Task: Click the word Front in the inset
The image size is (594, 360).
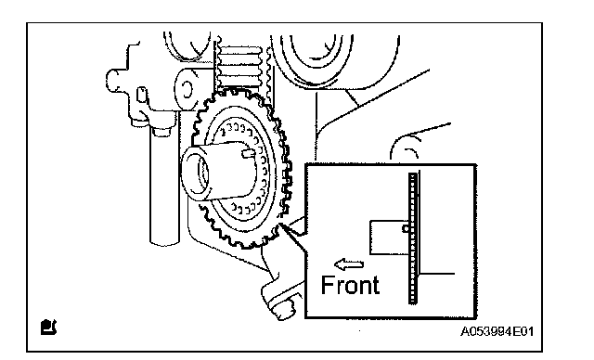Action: coord(350,285)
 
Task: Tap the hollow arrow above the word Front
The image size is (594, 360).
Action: coord(349,264)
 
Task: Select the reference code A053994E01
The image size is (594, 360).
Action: coord(497,331)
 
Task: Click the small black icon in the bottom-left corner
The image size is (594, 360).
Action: coord(48,328)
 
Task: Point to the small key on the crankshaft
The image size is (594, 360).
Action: coord(249,153)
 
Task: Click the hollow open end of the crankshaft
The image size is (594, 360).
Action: coord(196,174)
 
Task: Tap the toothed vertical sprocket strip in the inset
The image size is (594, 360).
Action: coord(412,238)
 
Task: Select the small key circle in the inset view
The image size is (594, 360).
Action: coord(406,228)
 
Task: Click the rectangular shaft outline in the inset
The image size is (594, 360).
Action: coord(389,238)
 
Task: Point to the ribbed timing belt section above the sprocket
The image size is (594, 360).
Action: coord(239,68)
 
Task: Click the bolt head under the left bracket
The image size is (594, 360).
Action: coord(162,132)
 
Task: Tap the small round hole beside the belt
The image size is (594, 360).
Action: coord(186,89)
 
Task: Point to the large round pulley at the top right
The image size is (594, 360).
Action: coord(335,60)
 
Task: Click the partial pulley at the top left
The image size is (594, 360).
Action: coord(187,47)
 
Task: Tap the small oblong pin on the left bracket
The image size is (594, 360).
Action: coord(141,95)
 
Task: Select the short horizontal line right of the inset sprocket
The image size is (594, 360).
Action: coord(437,273)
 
